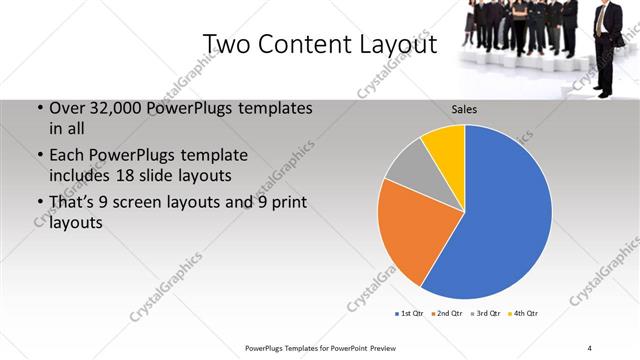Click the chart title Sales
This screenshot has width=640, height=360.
pyautogui.click(x=464, y=109)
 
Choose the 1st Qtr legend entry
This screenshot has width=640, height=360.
pyautogui.click(x=409, y=314)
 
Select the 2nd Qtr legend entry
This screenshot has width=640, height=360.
pyautogui.click(x=446, y=314)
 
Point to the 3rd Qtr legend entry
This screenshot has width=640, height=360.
pyautogui.click(x=486, y=314)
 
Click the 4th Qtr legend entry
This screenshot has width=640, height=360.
pyautogui.click(x=524, y=314)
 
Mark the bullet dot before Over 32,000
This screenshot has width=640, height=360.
pyautogui.click(x=39, y=108)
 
